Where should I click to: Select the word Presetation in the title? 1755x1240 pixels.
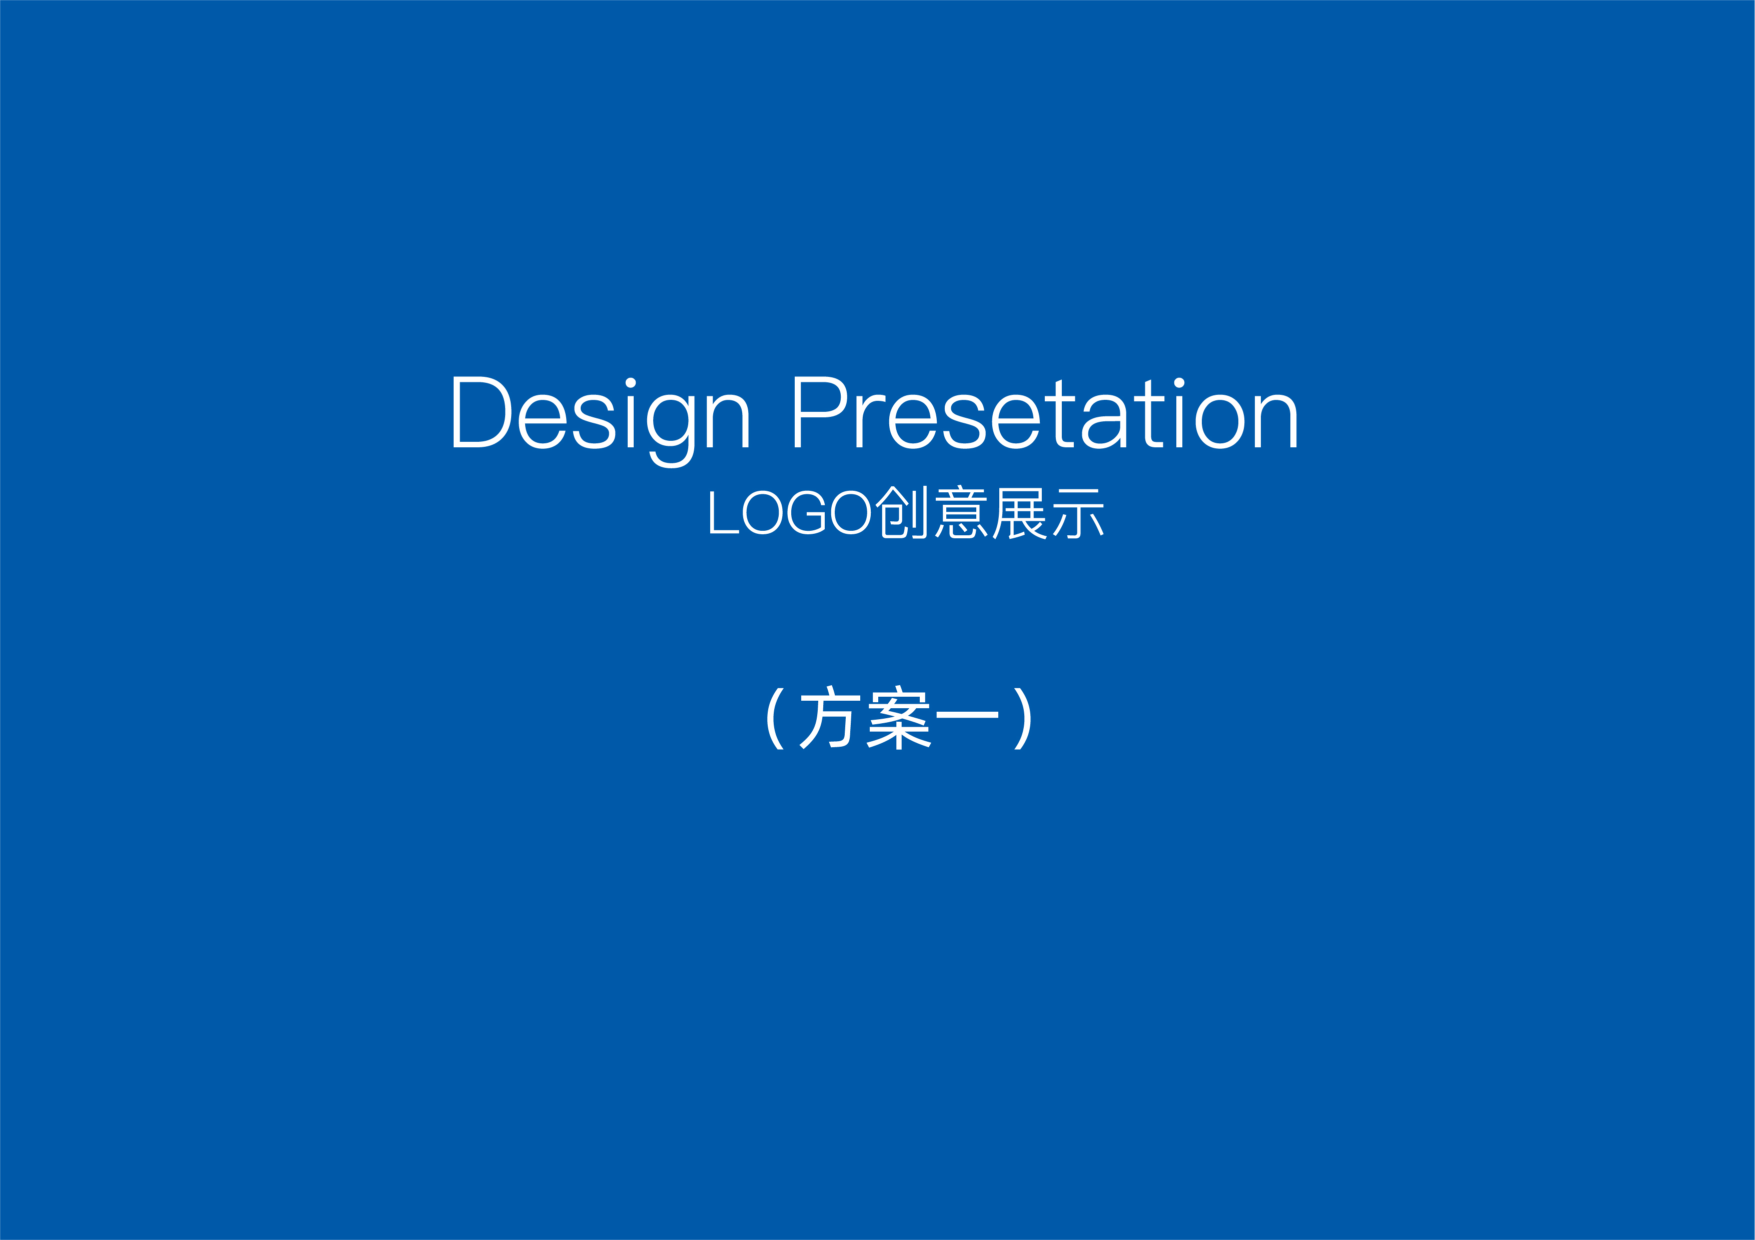click(x=1046, y=412)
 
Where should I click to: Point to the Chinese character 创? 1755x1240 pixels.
click(x=901, y=512)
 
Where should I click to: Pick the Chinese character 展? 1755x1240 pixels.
click(x=1020, y=513)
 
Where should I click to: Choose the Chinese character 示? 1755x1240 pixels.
click(x=1078, y=513)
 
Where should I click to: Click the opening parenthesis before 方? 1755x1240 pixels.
click(x=775, y=719)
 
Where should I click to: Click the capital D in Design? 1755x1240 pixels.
click(x=482, y=412)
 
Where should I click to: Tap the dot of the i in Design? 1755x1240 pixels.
click(x=631, y=383)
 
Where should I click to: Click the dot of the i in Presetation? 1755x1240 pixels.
click(x=1179, y=383)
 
